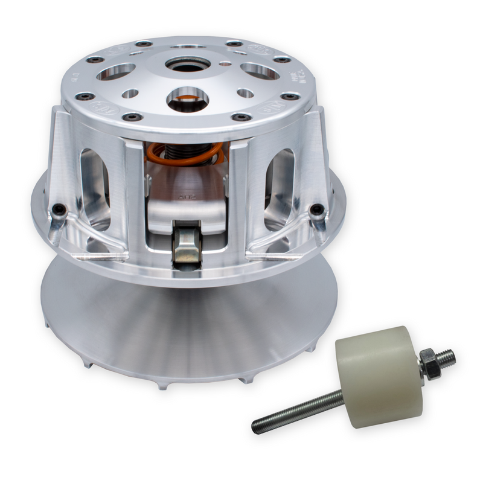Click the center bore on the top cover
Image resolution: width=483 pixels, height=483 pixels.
tap(188, 63)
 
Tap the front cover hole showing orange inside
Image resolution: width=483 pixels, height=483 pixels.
tap(187, 99)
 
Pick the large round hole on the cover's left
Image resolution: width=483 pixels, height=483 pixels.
tap(115, 71)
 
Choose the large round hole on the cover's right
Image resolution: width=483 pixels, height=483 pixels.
tap(260, 71)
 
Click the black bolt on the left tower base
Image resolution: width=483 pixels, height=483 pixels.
tap(59, 210)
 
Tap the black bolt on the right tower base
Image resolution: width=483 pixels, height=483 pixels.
tap(317, 210)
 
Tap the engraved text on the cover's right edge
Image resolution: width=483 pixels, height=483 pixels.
tap(298, 74)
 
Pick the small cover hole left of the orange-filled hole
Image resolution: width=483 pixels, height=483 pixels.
tap(130, 94)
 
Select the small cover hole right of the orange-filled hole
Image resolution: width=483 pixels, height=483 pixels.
tap(245, 93)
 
